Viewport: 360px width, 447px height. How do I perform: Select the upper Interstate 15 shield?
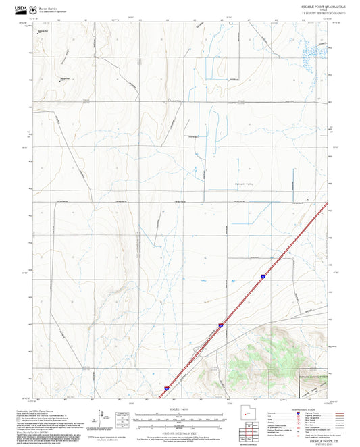[x=261, y=277]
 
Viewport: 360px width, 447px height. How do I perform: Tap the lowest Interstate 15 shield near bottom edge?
[x=166, y=388]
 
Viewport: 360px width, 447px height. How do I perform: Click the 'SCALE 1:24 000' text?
[x=179, y=409]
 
